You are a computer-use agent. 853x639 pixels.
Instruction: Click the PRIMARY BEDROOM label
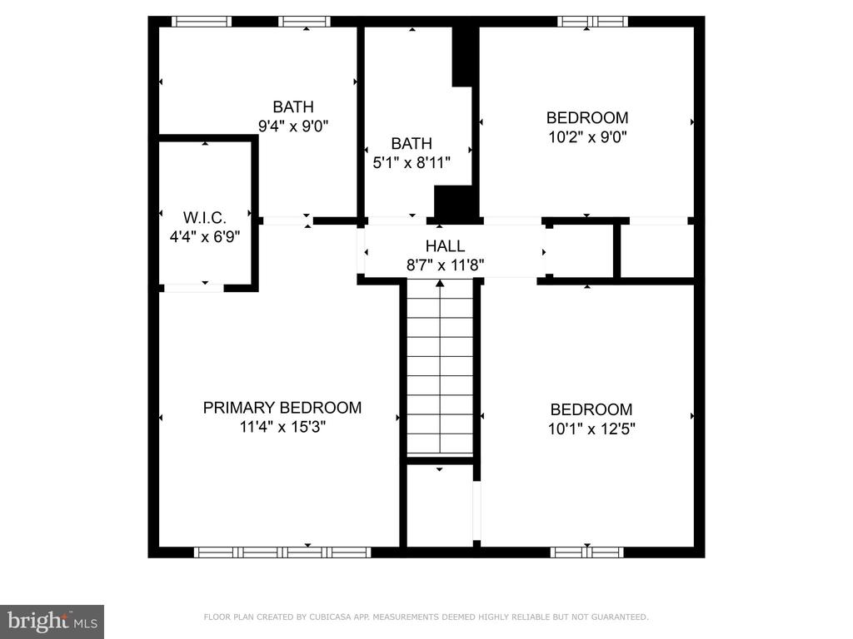(282, 408)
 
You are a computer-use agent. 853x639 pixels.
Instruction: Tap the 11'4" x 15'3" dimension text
(282, 427)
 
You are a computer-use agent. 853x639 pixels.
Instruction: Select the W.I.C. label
(205, 217)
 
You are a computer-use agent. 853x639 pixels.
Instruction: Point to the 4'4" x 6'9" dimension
(205, 237)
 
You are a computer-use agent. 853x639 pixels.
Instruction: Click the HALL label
(445, 246)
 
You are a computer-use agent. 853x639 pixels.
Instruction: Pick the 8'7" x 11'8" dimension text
(445, 265)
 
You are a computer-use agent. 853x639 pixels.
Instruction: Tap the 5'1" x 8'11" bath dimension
(412, 162)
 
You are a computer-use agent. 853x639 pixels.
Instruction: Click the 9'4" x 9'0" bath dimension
(292, 126)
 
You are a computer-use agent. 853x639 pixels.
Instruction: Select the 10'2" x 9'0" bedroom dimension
(587, 137)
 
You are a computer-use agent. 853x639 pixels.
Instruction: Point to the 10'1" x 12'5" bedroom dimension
(591, 428)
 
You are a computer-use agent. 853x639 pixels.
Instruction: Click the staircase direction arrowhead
(440, 283)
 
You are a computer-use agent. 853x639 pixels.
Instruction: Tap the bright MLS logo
(52, 622)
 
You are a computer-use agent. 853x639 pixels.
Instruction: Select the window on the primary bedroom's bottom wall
(282, 552)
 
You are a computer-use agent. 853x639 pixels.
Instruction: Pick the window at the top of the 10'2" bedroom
(592, 22)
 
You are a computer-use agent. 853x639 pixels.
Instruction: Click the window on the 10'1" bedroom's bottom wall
(587, 552)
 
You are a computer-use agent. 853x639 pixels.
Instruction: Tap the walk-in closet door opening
(193, 288)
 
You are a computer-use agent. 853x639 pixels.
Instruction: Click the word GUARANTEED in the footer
(620, 617)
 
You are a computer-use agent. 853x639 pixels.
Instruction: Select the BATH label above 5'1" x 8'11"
(412, 143)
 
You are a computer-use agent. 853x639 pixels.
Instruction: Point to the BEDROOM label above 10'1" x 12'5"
(591, 409)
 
